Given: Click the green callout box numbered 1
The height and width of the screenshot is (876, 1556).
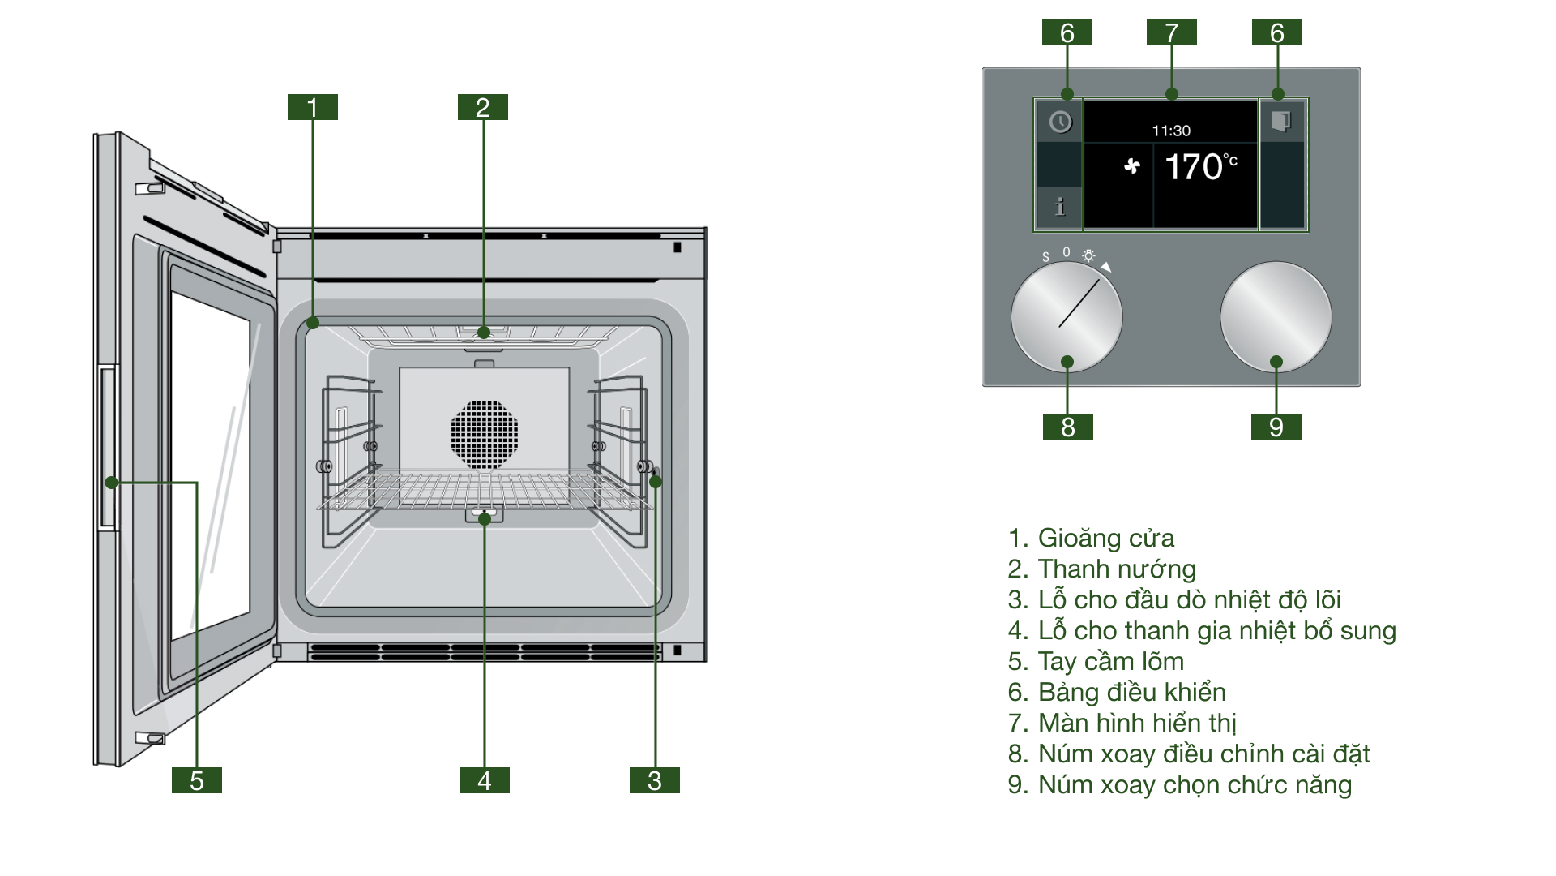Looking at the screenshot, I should pyautogui.click(x=312, y=107).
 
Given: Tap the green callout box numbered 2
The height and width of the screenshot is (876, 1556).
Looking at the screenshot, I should pyautogui.click(x=482, y=107).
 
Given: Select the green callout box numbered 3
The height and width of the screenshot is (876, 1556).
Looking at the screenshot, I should pyautogui.click(x=654, y=780).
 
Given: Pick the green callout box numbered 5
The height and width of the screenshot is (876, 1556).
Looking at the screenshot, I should pyautogui.click(x=196, y=780).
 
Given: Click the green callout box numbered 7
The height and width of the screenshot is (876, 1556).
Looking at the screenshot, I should pyautogui.click(x=1171, y=32).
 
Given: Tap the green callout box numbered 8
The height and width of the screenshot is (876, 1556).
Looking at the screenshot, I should pyautogui.click(x=1067, y=427).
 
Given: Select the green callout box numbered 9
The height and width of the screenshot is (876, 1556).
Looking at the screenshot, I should pyautogui.click(x=1276, y=427).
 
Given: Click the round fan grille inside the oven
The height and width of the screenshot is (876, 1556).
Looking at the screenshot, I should pyautogui.click(x=484, y=434).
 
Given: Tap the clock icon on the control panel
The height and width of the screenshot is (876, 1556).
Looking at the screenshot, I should pyautogui.click(x=1060, y=122).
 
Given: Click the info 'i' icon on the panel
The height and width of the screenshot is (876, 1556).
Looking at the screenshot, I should pyautogui.click(x=1059, y=208).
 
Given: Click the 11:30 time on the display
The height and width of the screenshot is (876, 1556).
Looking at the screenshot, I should pyautogui.click(x=1171, y=131).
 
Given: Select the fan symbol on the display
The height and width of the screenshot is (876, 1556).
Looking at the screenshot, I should pyautogui.click(x=1132, y=166).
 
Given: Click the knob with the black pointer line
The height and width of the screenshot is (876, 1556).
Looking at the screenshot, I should pyautogui.click(x=1067, y=316).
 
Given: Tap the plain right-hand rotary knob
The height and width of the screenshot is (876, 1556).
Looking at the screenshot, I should pyautogui.click(x=1276, y=316).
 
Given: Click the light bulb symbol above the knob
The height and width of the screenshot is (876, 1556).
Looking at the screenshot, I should pyautogui.click(x=1088, y=255).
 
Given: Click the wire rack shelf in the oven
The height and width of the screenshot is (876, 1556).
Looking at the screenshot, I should pyautogui.click(x=484, y=492).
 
